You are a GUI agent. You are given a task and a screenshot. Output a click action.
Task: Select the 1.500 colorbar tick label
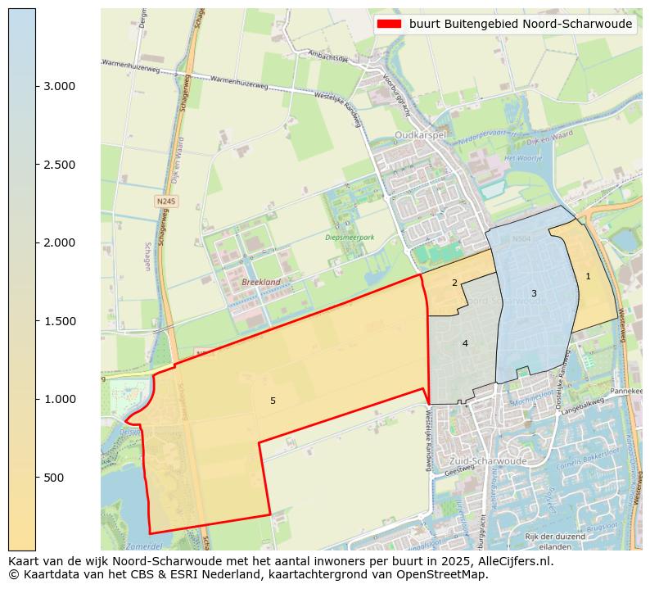pyautogui.click(x=58, y=321)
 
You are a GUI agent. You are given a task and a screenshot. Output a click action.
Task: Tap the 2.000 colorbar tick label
pyautogui.click(x=58, y=242)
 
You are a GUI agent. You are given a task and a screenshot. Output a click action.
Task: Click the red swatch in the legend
pyautogui.click(x=389, y=24)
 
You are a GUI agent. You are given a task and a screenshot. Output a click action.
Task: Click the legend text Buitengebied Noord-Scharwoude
pyautogui.click(x=521, y=24)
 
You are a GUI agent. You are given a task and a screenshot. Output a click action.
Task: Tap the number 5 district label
pyautogui.click(x=273, y=401)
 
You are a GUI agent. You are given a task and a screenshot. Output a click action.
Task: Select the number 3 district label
pyautogui.click(x=534, y=293)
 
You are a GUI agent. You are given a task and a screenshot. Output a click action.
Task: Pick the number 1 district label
pyautogui.click(x=588, y=276)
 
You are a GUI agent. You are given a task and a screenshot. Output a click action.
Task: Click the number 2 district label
pyautogui.click(x=454, y=283)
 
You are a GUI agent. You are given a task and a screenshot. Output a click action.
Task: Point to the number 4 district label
pyautogui.click(x=465, y=343)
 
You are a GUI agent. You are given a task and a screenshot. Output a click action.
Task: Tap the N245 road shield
pyautogui.click(x=166, y=201)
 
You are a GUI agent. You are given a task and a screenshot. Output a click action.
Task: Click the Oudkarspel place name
pyautogui.click(x=420, y=134)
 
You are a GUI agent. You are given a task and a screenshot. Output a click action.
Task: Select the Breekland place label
pyautogui.click(x=261, y=282)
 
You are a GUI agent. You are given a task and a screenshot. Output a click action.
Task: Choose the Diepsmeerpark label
pyautogui.click(x=350, y=238)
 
